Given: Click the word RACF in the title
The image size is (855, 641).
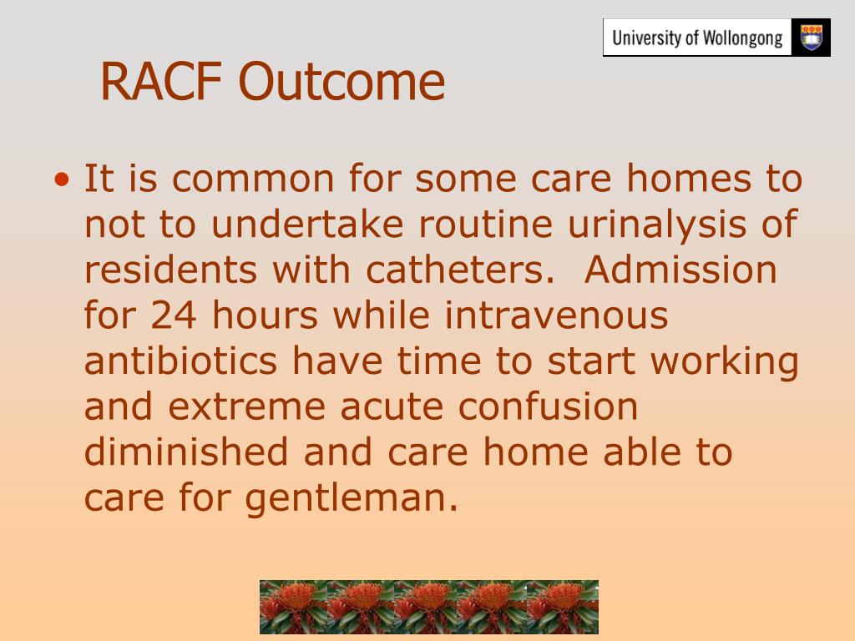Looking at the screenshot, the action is [161, 81].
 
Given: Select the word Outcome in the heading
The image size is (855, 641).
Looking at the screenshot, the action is [341, 82].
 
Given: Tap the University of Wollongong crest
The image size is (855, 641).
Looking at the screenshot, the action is [812, 38].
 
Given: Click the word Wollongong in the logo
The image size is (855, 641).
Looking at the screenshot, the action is [742, 38].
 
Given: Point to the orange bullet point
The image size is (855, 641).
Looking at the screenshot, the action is [62, 179].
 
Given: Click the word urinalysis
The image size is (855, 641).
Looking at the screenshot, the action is [657, 225].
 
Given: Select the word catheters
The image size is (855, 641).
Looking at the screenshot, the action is [460, 270].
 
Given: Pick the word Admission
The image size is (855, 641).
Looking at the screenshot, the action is [680, 270].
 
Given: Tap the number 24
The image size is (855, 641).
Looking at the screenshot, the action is [173, 315].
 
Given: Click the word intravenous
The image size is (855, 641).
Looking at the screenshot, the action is [556, 315].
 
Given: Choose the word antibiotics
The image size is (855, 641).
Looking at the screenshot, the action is [180, 361].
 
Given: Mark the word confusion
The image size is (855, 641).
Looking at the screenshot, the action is [548, 406].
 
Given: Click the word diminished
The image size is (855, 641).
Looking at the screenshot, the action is [186, 452].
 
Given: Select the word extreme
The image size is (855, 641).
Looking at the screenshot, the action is [246, 407].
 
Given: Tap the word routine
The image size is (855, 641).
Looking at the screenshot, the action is [485, 224].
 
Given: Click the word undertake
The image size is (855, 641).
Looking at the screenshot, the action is [307, 224].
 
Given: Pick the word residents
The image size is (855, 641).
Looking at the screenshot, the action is [170, 270].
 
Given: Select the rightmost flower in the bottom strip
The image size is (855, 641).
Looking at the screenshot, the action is [563, 607].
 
